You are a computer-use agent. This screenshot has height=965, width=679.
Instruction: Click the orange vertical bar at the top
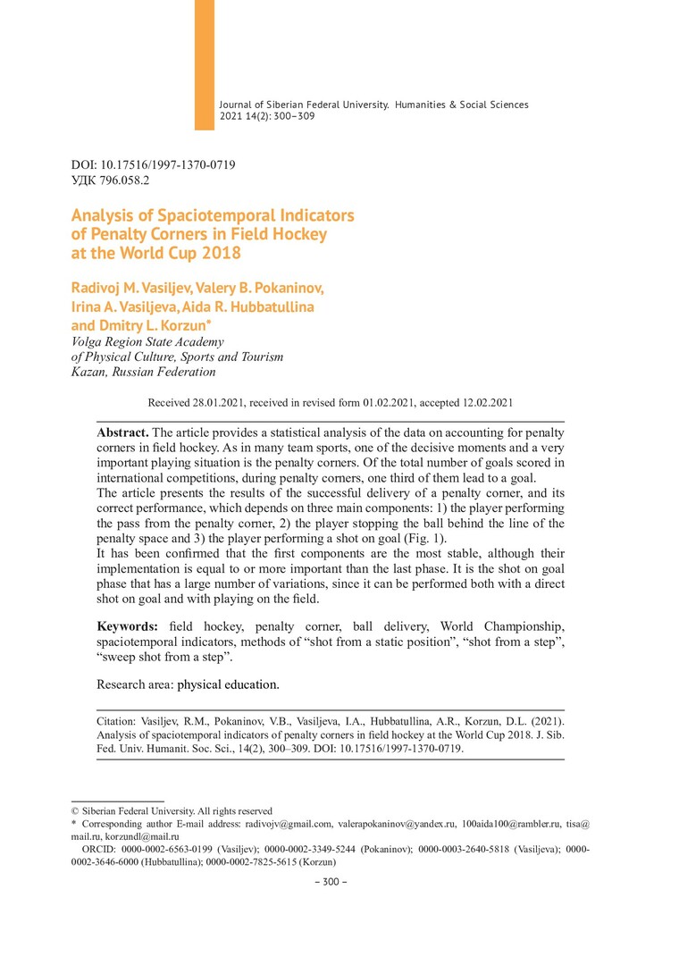205,63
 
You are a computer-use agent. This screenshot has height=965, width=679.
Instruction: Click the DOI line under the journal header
153,165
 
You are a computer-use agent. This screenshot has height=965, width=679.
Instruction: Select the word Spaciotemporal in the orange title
206,215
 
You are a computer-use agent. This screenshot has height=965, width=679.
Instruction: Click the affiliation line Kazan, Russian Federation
143,372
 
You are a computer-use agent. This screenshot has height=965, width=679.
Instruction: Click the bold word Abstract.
122,432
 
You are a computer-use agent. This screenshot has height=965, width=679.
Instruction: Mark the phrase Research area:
135,685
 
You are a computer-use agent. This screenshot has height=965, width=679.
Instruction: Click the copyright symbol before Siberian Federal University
75,811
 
